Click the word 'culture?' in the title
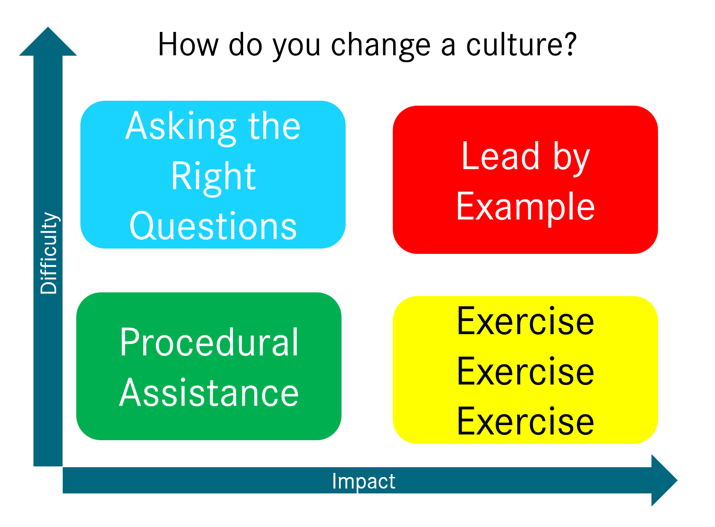pyautogui.click(x=521, y=45)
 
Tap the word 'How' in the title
pyautogui.click(x=188, y=45)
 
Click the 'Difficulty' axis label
pyautogui.click(x=49, y=253)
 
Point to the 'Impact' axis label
pyautogui.click(x=364, y=481)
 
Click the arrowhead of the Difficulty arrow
pyautogui.click(x=48, y=42)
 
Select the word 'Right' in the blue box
pyautogui.click(x=213, y=176)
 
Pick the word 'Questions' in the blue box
pyautogui.click(x=213, y=226)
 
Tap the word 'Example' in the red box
pyautogui.click(x=525, y=207)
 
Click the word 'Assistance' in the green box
pyautogui.click(x=209, y=393)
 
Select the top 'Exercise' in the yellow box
pyautogui.click(x=525, y=321)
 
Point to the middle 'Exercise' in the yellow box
pyautogui.click(x=525, y=371)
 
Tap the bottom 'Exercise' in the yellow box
pyautogui.click(x=525, y=421)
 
